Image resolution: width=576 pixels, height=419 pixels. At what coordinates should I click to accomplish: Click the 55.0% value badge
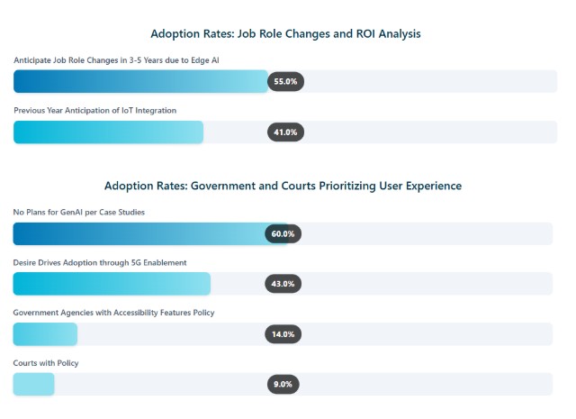[x=285, y=81]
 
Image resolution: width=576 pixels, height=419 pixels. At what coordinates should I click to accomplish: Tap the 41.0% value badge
[x=285, y=132]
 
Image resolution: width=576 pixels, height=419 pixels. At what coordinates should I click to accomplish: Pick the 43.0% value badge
[x=283, y=283]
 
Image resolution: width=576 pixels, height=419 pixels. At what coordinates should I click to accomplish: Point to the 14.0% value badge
[x=283, y=334]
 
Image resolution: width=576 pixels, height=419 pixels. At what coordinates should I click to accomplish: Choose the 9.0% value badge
[x=283, y=384]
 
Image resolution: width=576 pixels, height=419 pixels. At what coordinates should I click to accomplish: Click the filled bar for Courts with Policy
[x=34, y=384]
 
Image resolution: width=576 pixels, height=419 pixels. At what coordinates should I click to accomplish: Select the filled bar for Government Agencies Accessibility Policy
[x=45, y=334]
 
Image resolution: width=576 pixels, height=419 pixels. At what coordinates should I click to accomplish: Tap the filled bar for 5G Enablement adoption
[x=112, y=283]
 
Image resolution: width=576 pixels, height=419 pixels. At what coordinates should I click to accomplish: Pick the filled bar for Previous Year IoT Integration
[x=108, y=132]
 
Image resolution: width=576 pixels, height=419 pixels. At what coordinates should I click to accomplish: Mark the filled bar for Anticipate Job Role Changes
[x=140, y=81]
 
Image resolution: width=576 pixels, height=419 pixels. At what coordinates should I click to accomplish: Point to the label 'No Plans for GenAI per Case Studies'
[x=79, y=212]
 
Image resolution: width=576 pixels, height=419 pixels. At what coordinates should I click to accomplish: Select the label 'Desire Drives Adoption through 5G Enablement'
[x=100, y=262]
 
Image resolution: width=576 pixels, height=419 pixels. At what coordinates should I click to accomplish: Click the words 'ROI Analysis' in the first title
[x=385, y=33]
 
